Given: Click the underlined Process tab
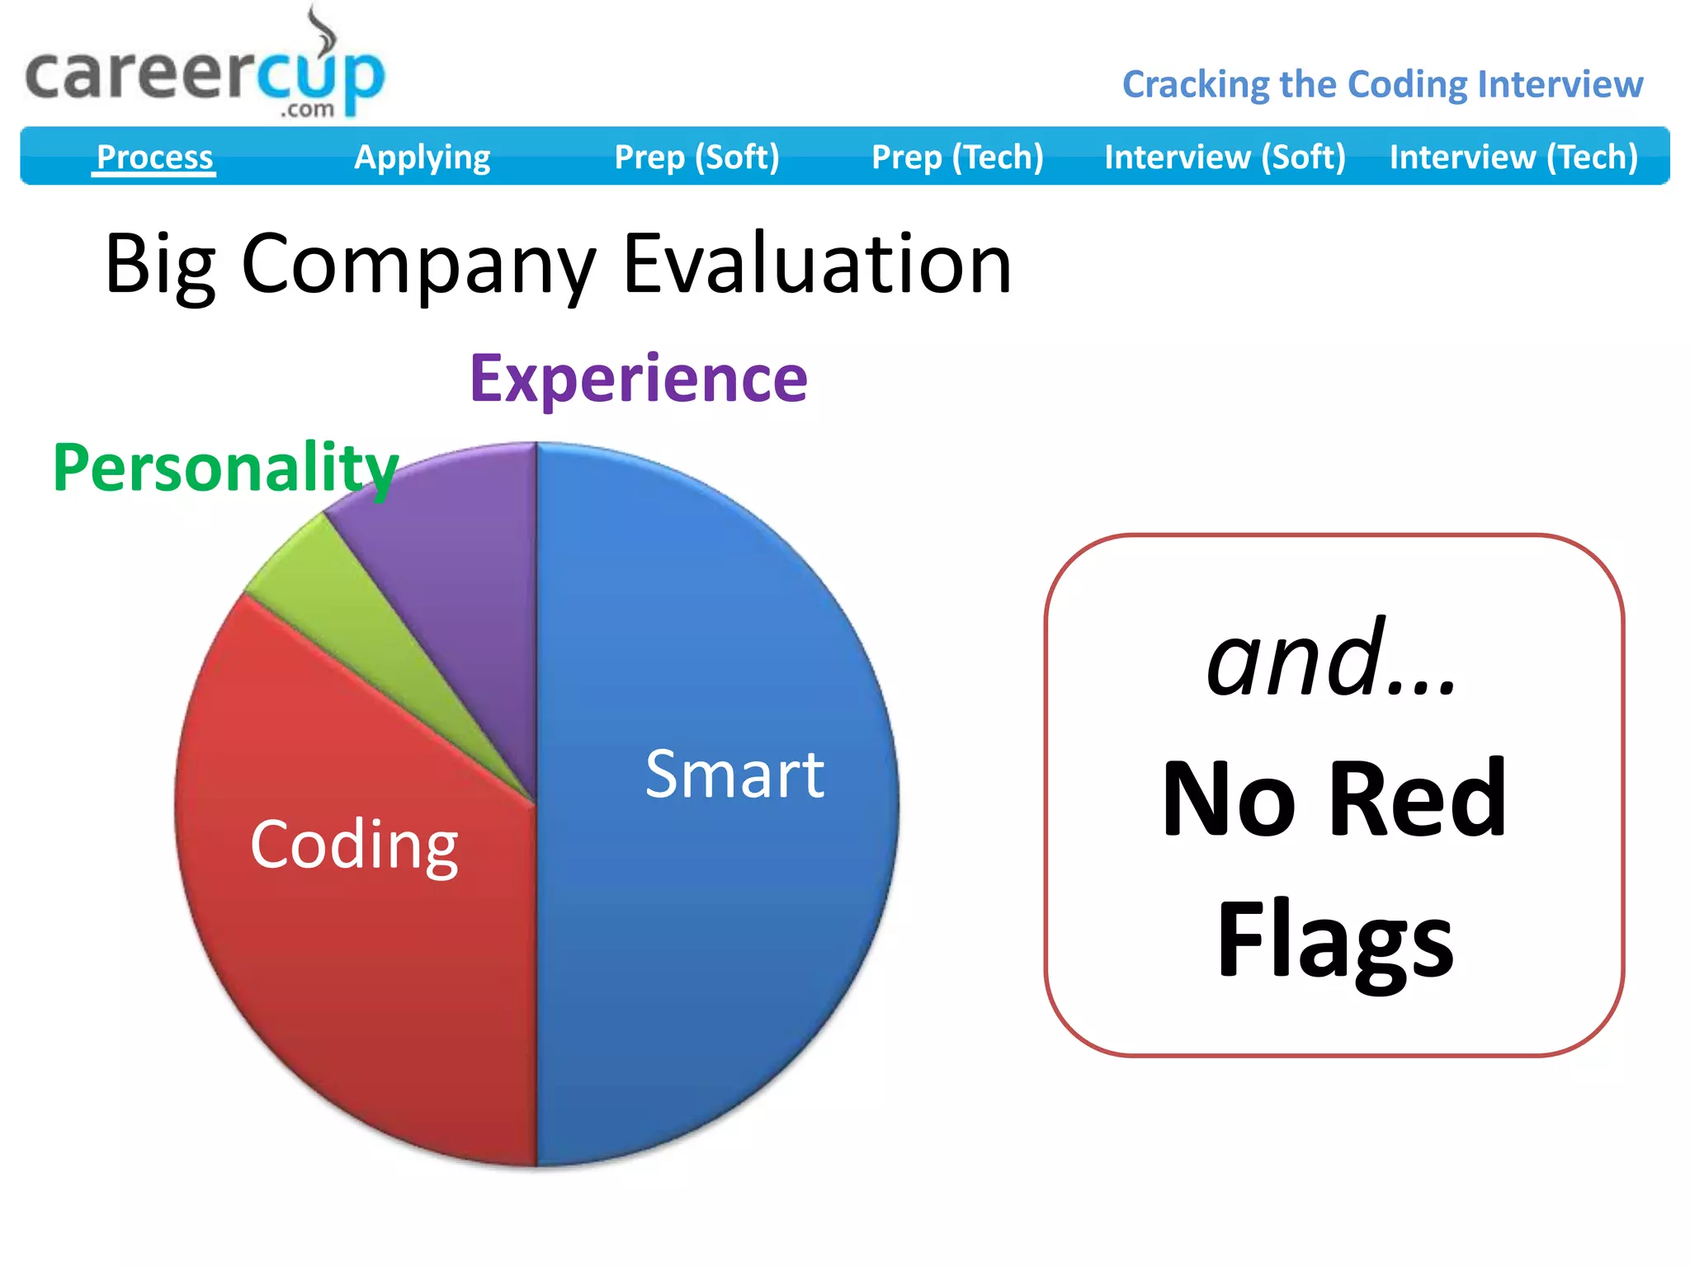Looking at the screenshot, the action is [x=154, y=157].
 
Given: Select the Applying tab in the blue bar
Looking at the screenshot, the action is [x=422, y=157].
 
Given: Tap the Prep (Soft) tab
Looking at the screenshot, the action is [x=696, y=157].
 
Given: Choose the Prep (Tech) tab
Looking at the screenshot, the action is [x=957, y=157].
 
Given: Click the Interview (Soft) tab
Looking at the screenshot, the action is [x=1225, y=157].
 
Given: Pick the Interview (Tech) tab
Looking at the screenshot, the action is [x=1513, y=157].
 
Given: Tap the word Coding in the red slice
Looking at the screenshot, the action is [x=354, y=845].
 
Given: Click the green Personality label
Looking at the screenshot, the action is [x=225, y=467].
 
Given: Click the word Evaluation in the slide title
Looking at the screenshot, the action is [x=816, y=264].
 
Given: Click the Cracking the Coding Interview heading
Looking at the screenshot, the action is [x=1382, y=84].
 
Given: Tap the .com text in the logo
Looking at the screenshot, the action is [x=307, y=110].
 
